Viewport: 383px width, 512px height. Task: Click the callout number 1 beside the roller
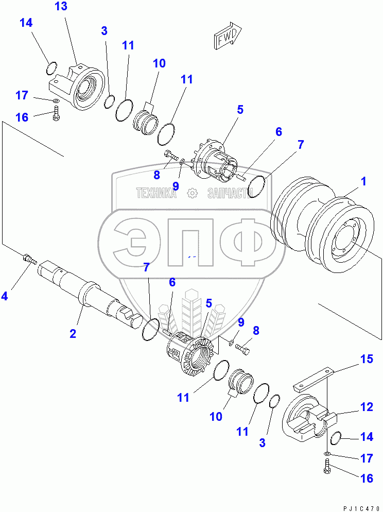pos(363,182)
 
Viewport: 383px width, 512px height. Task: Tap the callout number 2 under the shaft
pos(73,333)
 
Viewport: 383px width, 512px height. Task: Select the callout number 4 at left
pos(5,296)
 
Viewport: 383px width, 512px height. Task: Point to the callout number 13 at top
pos(61,7)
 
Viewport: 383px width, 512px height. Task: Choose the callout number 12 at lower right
pos(367,407)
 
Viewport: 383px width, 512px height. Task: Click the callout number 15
pos(367,360)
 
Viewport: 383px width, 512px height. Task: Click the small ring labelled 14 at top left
pos(51,67)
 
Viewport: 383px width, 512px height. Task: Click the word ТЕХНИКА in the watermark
pos(156,194)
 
